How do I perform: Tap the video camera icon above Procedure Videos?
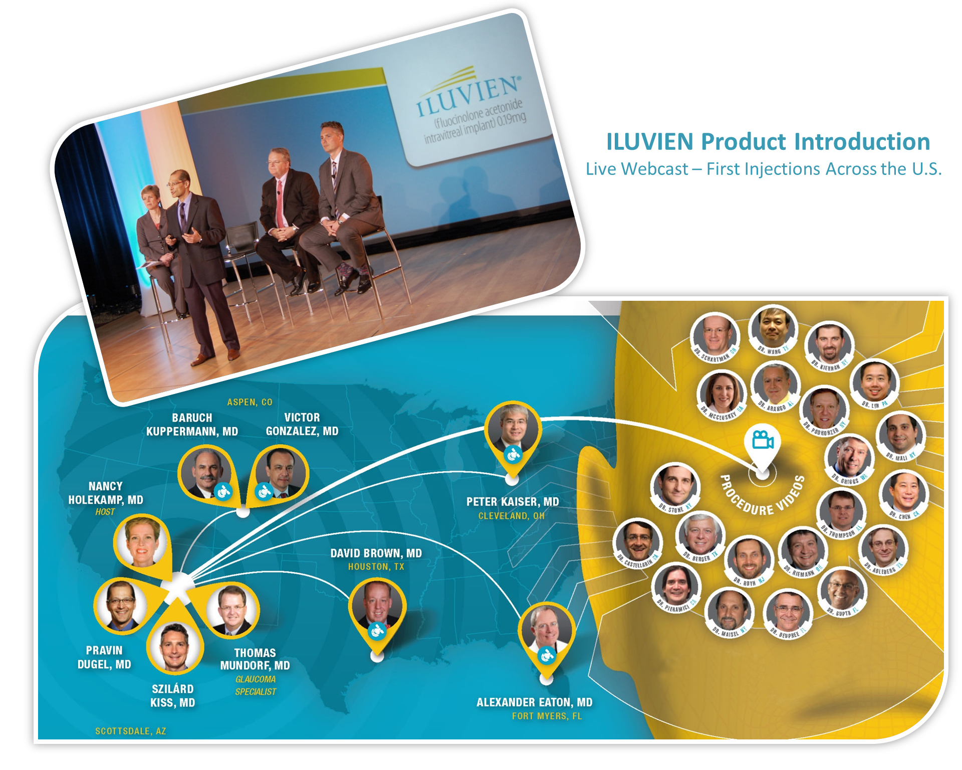pyautogui.click(x=762, y=440)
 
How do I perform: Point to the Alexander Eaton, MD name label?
pyautogui.click(x=534, y=702)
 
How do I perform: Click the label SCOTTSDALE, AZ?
pyautogui.click(x=130, y=731)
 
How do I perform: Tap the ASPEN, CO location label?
pyautogui.click(x=250, y=402)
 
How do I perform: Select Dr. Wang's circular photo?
pyautogui.click(x=772, y=328)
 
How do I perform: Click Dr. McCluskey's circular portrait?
pyautogui.click(x=722, y=394)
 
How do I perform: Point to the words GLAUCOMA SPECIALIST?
pyautogui.click(x=256, y=685)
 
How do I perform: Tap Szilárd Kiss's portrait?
pyautogui.click(x=174, y=647)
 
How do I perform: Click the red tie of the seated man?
pyautogui.click(x=279, y=203)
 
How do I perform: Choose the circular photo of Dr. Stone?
pyautogui.click(x=675, y=486)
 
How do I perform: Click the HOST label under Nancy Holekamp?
pyautogui.click(x=105, y=512)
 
